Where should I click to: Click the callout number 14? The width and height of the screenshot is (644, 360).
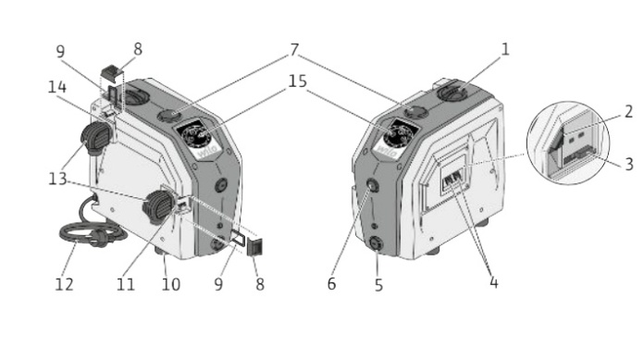[x=57, y=87]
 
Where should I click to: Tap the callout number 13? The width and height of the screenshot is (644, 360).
[x=57, y=180]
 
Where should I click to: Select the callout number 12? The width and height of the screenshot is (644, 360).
[x=64, y=284]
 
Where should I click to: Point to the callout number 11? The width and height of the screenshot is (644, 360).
[x=126, y=284]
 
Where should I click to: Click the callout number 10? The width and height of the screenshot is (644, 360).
[x=171, y=284]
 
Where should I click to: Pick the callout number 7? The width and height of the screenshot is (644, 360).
[x=294, y=50]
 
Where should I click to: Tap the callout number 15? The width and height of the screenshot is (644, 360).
[x=297, y=81]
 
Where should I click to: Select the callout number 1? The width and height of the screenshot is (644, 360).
[x=505, y=49]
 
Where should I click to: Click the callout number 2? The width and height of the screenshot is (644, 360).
[x=628, y=112]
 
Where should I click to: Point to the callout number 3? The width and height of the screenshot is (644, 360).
[x=629, y=164]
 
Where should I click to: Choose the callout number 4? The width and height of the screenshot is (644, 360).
[x=494, y=282]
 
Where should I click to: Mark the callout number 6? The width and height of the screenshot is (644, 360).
[x=332, y=284]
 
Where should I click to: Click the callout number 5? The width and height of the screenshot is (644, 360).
[x=378, y=285]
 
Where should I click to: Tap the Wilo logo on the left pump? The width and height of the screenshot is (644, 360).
[x=207, y=153]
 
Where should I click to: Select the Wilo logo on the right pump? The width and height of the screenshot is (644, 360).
[x=387, y=152]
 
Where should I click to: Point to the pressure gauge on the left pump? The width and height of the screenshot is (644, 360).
[x=194, y=133]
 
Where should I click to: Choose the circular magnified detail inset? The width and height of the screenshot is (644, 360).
[x=568, y=143]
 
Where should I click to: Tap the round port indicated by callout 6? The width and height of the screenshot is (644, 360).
[x=373, y=186]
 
